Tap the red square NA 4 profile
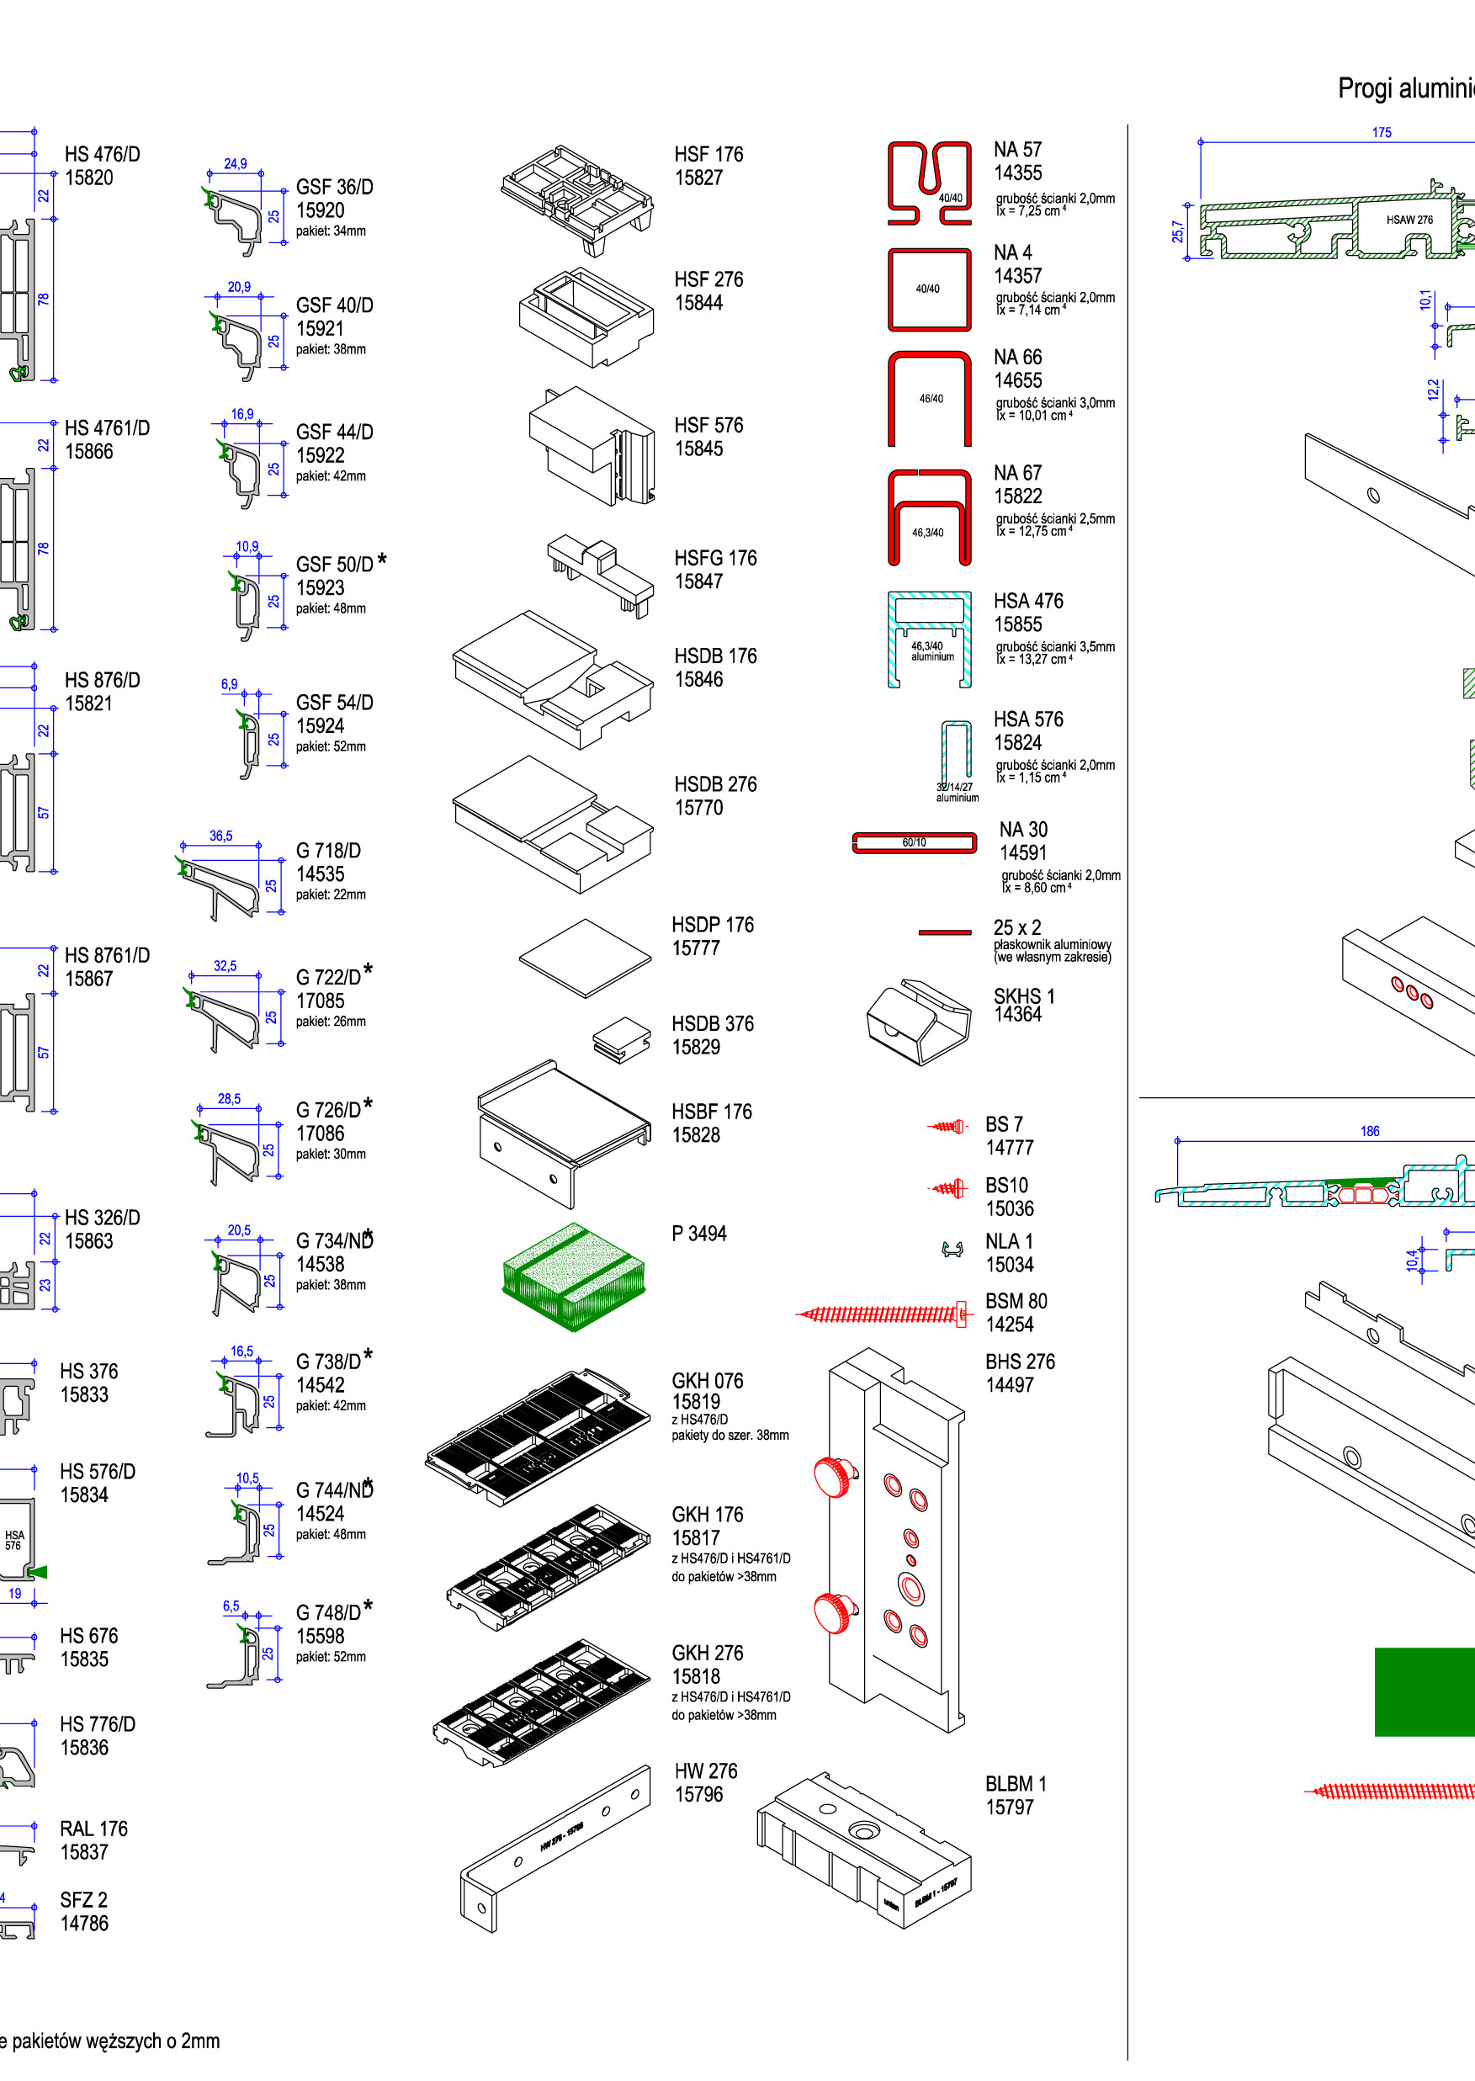coord(929,289)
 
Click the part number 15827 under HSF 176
coord(698,178)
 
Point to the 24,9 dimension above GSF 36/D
coord(236,164)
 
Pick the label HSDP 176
coord(712,925)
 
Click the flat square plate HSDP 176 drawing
coord(586,958)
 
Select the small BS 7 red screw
coord(948,1127)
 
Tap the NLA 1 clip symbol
coord(952,1250)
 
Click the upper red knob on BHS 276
coord(835,1475)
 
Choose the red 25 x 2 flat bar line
coord(945,932)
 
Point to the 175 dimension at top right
coord(1382,133)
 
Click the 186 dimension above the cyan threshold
coord(1370,1131)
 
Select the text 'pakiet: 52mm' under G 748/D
coord(331,1657)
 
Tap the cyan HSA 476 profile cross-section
coord(929,639)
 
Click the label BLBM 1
coord(1016,1784)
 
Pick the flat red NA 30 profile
coord(914,843)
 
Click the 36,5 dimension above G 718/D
coord(220,836)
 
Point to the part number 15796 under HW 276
coord(698,1795)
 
